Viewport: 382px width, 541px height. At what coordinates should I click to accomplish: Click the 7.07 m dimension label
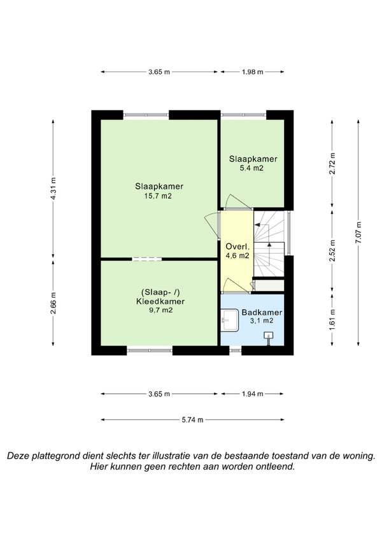pos(358,233)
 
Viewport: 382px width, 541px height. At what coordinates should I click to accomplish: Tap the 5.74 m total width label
pos(192,420)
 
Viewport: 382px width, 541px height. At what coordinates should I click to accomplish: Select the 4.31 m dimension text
pos(53,188)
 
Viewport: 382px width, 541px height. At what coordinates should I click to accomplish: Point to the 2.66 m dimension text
pos(53,303)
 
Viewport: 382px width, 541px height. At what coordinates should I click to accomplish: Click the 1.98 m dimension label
pos(253,72)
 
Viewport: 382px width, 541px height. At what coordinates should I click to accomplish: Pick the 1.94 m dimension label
pos(253,394)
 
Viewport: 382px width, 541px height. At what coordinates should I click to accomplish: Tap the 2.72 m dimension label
pos(332,163)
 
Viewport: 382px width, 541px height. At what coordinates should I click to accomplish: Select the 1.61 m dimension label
pos(332,319)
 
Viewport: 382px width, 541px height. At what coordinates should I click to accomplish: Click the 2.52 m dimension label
pos(332,250)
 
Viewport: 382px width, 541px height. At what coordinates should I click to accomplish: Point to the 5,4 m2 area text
pos(251,168)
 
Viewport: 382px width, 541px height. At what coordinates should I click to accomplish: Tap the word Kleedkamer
pos(160,301)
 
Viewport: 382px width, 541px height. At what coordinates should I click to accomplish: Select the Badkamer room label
pos(262,313)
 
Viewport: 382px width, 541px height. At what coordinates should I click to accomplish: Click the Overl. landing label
pos(237,247)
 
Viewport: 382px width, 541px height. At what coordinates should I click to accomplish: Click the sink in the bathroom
pos(229,320)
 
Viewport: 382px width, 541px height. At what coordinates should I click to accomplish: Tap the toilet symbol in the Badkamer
pos(268,336)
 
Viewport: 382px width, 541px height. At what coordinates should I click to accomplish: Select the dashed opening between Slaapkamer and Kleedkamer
pos(147,259)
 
